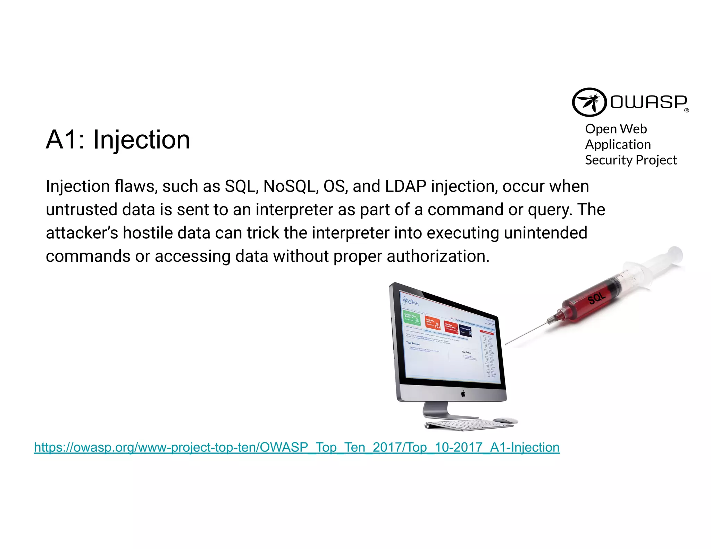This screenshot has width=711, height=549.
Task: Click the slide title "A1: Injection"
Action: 118,140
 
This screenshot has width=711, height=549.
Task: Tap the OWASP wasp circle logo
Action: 589,102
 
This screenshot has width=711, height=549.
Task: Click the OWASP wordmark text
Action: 649,102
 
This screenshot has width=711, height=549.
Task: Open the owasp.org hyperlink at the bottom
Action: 296,447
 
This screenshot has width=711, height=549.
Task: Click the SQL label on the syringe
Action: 597,298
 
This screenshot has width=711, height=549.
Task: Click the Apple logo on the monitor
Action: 463,394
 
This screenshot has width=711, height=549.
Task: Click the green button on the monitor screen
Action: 411,318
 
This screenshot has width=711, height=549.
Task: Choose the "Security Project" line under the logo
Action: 630,160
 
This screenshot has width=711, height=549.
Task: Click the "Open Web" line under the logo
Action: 616,129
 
